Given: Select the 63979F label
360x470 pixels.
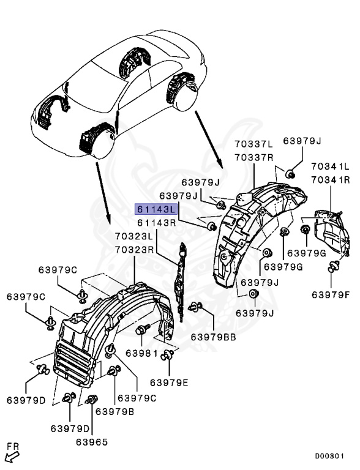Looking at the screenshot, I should click(x=330, y=294).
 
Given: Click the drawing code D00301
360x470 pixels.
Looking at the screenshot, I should click(x=329, y=456).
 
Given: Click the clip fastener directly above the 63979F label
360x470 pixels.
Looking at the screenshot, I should click(x=334, y=266).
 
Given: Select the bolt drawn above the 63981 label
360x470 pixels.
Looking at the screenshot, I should click(x=141, y=331).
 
